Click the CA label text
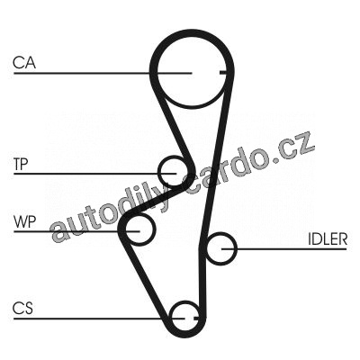24,63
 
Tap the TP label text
21,165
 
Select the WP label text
24,222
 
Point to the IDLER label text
328,239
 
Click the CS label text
23,309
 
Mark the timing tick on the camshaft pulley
223,73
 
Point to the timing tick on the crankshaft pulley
196,318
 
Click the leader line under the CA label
103,73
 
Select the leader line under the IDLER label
284,248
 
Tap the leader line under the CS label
99,319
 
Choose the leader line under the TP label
94,174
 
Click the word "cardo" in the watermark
219,174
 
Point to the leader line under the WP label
76,231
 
